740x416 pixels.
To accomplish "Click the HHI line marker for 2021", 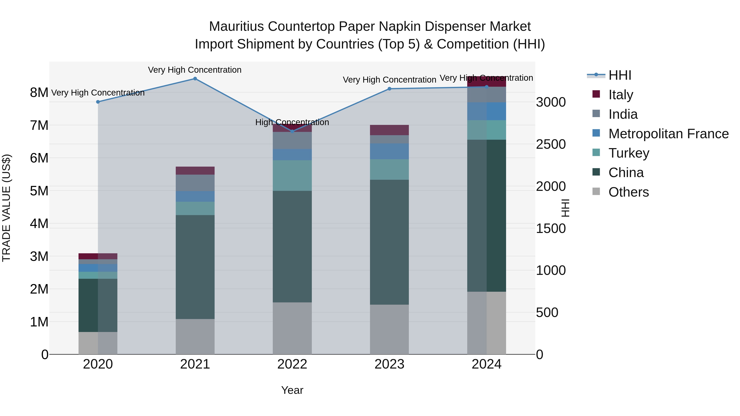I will (x=195, y=79).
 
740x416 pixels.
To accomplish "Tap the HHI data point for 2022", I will (x=292, y=131).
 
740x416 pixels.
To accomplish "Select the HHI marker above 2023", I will (x=390, y=89).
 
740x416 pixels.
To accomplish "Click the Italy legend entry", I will (x=621, y=95).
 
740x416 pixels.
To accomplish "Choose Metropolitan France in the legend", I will (x=668, y=134).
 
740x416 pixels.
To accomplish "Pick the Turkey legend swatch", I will (x=596, y=153).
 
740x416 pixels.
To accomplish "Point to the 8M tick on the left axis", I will (x=39, y=93).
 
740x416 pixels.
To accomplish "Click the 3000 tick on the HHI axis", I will (x=551, y=102).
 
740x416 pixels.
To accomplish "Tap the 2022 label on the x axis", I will (x=292, y=364).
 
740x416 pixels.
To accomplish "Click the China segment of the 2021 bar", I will (x=195, y=267).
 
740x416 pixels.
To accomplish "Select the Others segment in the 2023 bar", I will (x=389, y=329).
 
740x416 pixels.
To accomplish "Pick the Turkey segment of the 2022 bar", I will (x=292, y=175).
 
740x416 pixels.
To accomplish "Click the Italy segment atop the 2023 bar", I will (x=389, y=130).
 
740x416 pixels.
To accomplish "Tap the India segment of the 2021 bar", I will (x=195, y=183).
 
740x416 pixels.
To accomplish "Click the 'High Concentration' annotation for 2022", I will (x=292, y=122).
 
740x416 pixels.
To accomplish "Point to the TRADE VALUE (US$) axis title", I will (x=6, y=208).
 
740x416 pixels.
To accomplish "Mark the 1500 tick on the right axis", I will (x=551, y=228).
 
